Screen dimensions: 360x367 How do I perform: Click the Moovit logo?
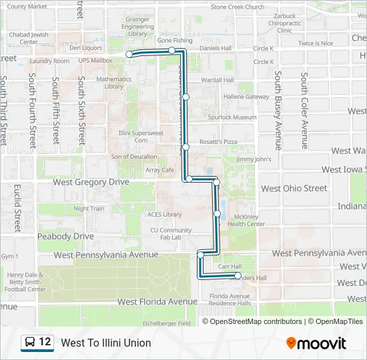coord(316,343)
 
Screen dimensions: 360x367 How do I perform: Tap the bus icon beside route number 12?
coord(30,343)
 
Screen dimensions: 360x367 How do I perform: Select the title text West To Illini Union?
coord(106,343)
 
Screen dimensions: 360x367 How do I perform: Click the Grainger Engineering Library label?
coord(137,27)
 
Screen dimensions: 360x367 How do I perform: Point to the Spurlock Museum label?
coord(232,117)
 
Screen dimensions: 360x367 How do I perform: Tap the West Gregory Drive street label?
coord(91,181)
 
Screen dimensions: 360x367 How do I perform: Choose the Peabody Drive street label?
coord(65,236)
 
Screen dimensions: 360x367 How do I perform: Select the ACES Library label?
coord(164,215)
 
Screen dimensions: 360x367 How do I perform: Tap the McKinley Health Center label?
coord(246,220)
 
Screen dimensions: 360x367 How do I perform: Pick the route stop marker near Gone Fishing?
coord(172,51)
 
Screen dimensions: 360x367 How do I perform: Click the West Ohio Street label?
coord(294,188)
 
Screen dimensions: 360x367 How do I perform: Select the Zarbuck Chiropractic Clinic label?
coord(285,23)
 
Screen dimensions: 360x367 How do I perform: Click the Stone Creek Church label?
coord(237,7)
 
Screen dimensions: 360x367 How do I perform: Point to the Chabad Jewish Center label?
coord(29,38)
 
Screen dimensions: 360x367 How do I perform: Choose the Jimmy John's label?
coord(254,159)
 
